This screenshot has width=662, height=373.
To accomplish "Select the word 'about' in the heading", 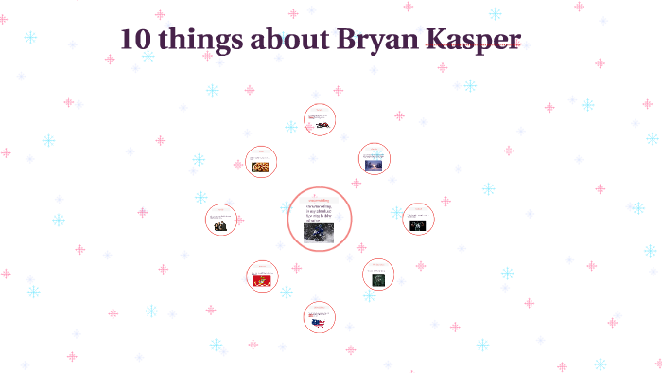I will click(x=287, y=40).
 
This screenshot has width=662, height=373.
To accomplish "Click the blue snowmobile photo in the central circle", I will click(x=315, y=231).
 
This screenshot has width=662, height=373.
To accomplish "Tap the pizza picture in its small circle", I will click(x=261, y=167).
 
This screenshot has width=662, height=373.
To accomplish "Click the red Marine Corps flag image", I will click(x=262, y=280).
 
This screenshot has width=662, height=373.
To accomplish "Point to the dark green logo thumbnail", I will click(x=377, y=279).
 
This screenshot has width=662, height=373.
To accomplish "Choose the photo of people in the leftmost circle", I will click(x=220, y=225).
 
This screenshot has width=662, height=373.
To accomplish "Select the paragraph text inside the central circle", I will click(x=320, y=212).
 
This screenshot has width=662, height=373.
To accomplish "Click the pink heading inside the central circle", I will click(x=320, y=201).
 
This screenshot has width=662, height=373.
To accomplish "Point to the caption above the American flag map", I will click(x=320, y=311).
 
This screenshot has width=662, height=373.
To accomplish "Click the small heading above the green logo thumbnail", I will click(x=377, y=267).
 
